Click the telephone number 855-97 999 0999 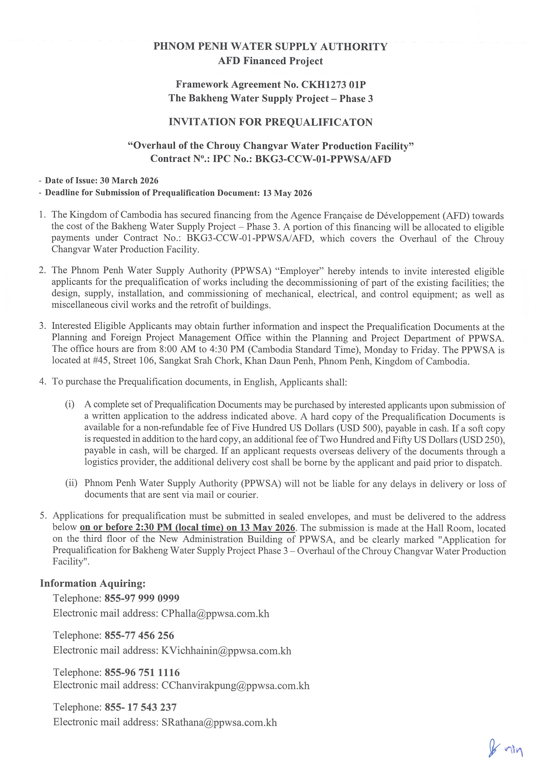(142, 598)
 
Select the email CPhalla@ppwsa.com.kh (215, 613)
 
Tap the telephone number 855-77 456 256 (139, 635)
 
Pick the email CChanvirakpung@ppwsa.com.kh (235, 685)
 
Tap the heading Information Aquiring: (93, 583)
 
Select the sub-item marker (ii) (71, 483)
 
